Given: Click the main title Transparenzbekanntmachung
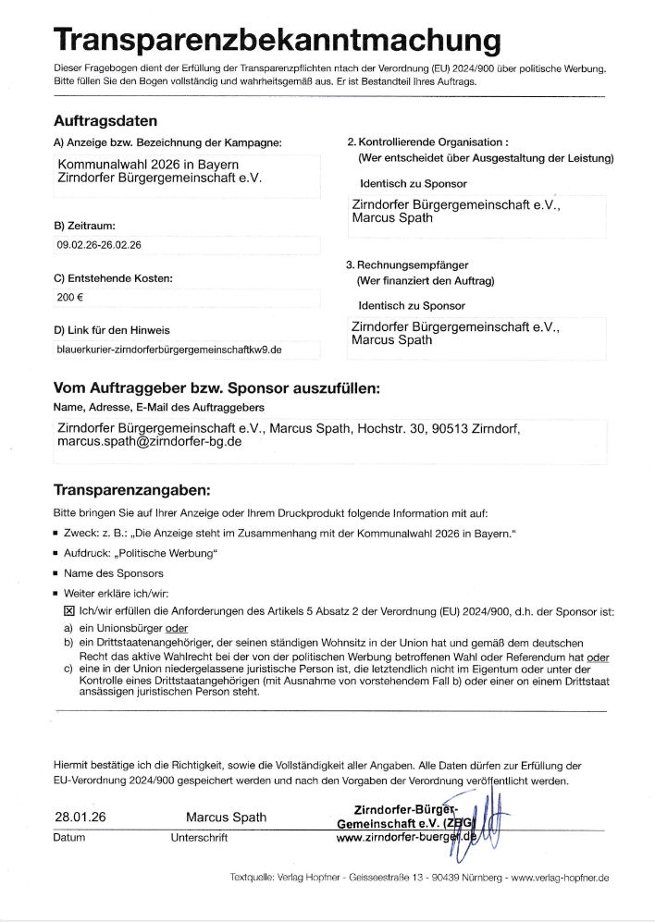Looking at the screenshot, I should point(278,41).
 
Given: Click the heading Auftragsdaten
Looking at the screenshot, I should point(105,120).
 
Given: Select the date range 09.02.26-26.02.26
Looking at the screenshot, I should point(99,246).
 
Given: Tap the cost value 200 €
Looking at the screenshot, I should point(70,299).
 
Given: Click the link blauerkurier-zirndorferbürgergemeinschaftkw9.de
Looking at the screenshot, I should point(169,350).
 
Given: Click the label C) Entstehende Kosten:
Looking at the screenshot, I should point(113,277).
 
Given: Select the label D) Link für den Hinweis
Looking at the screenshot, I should point(112,329).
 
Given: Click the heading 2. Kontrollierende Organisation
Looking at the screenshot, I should point(427,142).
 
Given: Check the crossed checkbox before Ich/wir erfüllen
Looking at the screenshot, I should point(68,611).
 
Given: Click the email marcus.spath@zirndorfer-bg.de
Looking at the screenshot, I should point(149,442).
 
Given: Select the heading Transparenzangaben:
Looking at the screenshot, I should point(132,488).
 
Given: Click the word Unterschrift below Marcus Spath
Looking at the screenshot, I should point(199,838).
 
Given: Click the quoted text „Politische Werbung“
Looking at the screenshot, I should point(165,553).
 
